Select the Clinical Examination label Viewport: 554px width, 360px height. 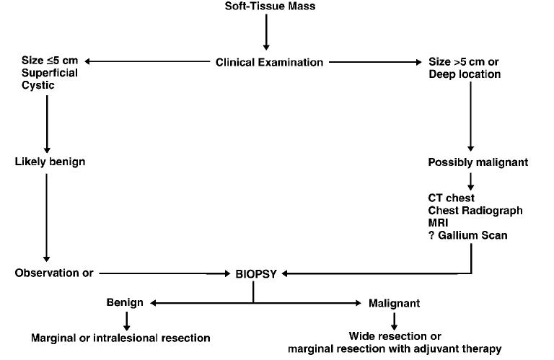click(269, 62)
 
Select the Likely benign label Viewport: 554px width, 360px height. click(50, 161)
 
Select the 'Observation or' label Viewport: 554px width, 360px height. click(53, 273)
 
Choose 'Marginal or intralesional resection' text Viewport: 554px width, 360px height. click(120, 338)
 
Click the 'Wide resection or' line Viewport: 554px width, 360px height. click(395, 336)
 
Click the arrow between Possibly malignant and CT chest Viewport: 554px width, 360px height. click(471, 179)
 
